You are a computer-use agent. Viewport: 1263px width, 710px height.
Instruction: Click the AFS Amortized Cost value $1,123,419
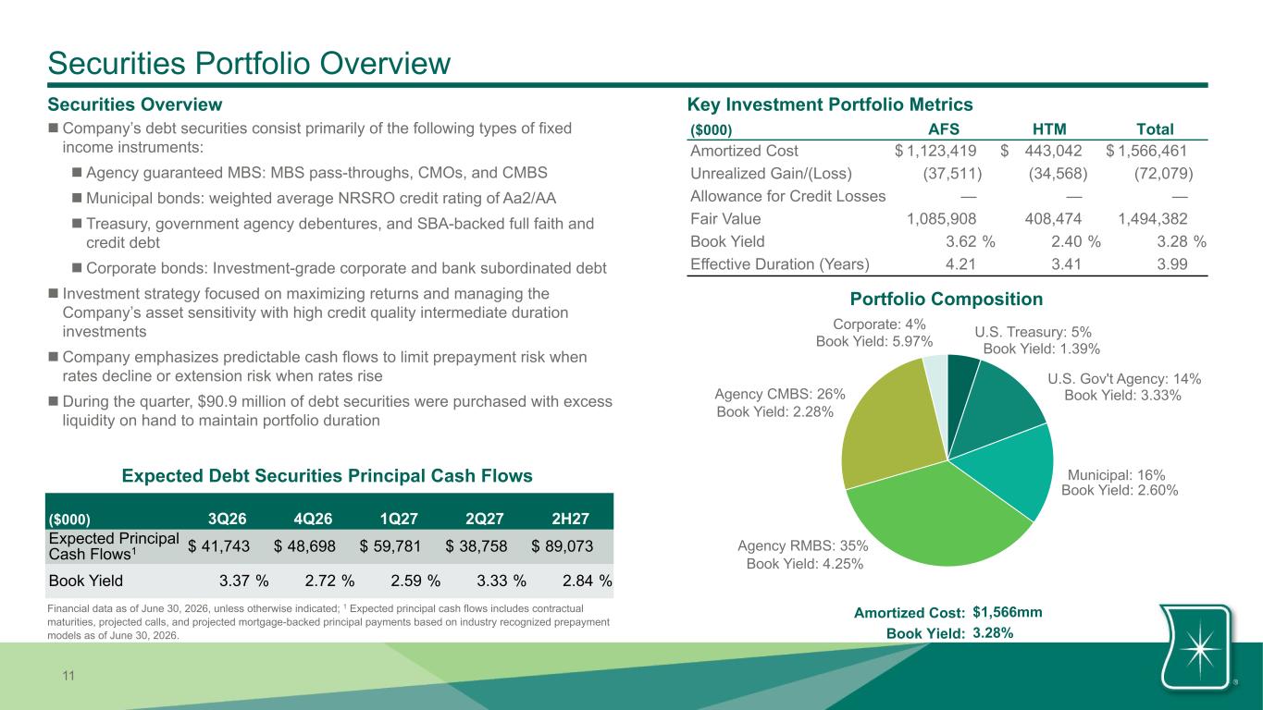tap(935, 151)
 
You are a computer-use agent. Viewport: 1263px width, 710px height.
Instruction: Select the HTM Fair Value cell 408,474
tap(1053, 218)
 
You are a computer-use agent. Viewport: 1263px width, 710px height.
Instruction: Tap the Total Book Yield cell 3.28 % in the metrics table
tap(1182, 241)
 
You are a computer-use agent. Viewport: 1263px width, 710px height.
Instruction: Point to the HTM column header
tap(1049, 129)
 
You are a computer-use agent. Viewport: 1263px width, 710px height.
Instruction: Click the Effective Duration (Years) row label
tap(780, 264)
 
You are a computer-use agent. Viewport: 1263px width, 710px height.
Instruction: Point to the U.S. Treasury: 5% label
tap(1033, 332)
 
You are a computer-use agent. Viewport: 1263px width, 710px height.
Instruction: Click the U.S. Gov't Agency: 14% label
tap(1124, 379)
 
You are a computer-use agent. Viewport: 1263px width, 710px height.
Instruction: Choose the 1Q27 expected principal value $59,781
tap(390, 546)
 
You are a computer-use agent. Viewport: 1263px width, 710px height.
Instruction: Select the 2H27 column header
tap(570, 519)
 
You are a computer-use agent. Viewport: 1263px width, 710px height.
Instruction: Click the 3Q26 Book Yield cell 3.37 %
tap(243, 581)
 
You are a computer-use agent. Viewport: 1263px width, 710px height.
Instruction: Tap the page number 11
tap(68, 676)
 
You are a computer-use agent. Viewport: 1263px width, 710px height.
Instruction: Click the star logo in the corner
tap(1198, 649)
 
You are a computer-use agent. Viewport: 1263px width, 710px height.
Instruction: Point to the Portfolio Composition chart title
tap(947, 299)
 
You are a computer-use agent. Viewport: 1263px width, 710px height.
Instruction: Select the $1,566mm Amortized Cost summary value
tap(1007, 613)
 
